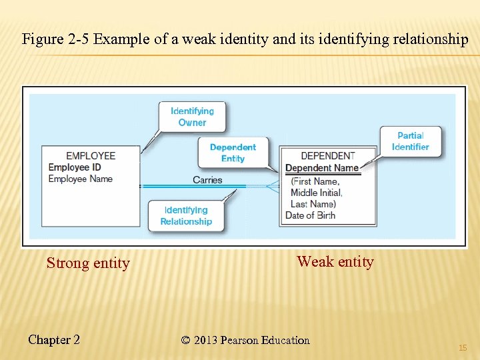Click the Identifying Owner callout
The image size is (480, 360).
coord(192,117)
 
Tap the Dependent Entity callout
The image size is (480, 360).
coord(233,153)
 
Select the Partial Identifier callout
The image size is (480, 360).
coord(410,141)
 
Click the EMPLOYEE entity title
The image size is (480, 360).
coord(91,156)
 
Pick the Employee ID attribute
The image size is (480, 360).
coord(75,167)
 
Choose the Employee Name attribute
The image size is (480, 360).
coord(81,179)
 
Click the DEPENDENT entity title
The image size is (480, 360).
coord(328,156)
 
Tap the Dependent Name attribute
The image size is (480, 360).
coord(322,168)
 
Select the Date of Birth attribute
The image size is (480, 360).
coord(311,215)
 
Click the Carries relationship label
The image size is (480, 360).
coord(207,180)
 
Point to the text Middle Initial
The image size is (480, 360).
coord(316,193)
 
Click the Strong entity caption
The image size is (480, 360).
coord(88,263)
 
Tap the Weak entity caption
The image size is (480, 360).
coord(335,261)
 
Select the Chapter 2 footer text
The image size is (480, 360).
coord(54,340)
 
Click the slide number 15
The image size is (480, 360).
coord(462,348)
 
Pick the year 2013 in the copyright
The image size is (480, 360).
coord(207,341)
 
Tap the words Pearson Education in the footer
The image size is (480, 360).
coord(267,341)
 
